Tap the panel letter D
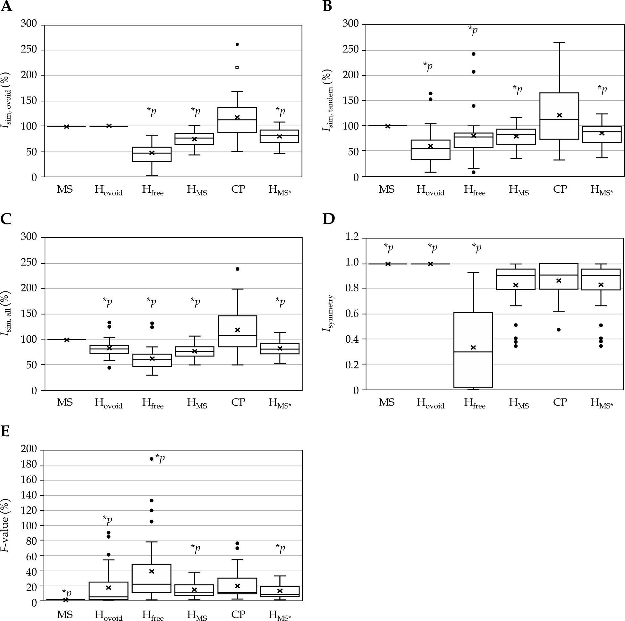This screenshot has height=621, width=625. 328,219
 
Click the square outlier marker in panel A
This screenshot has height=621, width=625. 237,67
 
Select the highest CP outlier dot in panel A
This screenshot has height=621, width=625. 237,44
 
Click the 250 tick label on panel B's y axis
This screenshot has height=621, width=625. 351,49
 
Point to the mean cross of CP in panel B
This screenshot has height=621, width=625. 559,115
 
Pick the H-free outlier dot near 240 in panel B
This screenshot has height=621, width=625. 474,54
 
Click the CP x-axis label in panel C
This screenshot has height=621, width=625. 238,402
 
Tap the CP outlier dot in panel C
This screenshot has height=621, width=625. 237,269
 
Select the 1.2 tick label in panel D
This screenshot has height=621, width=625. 352,237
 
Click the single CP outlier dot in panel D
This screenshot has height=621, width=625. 559,330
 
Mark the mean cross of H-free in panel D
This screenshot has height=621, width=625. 473,348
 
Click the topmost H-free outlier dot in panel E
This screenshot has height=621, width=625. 151,459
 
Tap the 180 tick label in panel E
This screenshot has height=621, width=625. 29,466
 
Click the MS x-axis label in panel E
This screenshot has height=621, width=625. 65,614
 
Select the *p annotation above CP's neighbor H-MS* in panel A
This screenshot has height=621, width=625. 280,112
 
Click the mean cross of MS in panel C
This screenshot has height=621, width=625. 67,340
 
